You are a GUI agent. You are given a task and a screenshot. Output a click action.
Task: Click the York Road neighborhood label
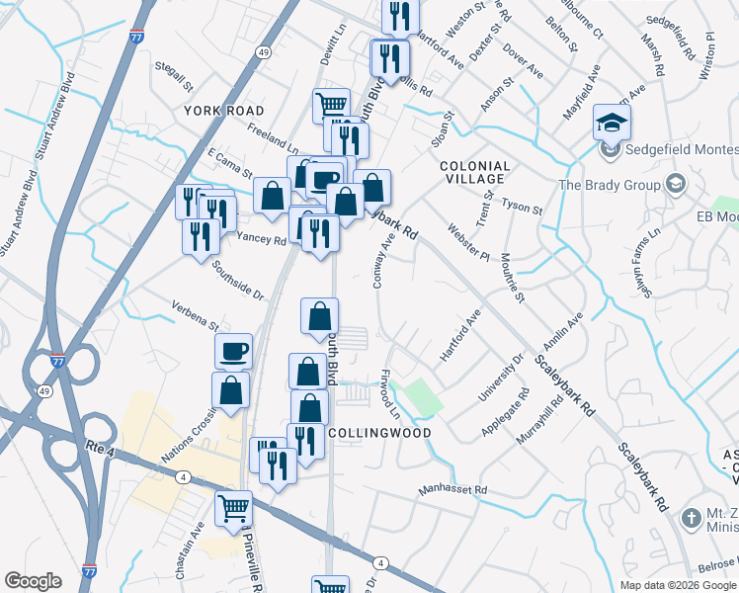point(223,111)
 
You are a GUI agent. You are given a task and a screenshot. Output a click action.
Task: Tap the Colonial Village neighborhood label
point(474,173)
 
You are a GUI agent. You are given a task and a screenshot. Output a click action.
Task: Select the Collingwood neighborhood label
point(379,433)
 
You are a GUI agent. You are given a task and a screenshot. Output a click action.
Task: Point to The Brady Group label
point(609,185)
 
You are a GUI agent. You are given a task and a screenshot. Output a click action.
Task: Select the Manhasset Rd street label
point(452,489)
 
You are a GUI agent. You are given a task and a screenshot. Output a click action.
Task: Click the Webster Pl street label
point(469,241)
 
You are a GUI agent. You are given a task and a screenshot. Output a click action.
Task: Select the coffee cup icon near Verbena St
point(234,351)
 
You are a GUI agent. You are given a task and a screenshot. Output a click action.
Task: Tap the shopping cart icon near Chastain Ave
point(234,509)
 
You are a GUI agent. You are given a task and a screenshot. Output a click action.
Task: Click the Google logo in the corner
point(32,581)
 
